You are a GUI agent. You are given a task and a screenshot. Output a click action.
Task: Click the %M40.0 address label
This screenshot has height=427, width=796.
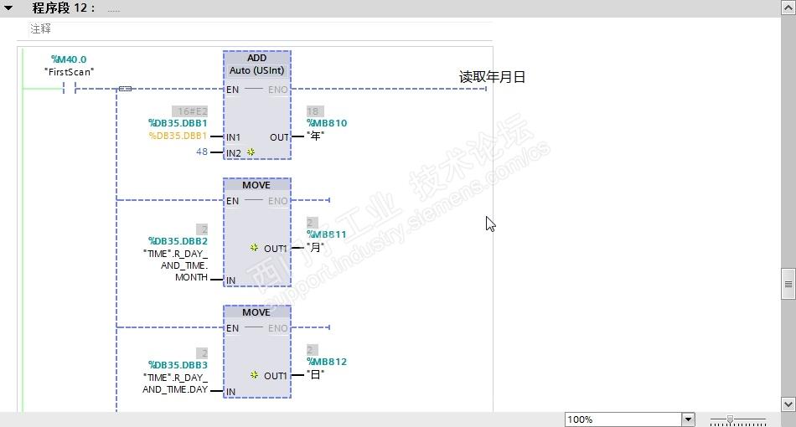pyautogui.click(x=69, y=59)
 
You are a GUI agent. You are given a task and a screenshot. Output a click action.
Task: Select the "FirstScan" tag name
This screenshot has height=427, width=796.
pyautogui.click(x=69, y=72)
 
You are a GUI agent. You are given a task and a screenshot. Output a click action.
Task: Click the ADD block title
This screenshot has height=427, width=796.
pyautogui.click(x=256, y=58)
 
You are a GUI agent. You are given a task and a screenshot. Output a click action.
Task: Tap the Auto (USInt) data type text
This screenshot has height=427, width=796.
pyautogui.click(x=256, y=70)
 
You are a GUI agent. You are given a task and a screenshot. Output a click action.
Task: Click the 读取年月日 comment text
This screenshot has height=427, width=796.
pyautogui.click(x=492, y=77)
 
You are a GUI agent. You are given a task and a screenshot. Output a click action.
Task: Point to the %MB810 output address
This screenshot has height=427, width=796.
pyautogui.click(x=327, y=123)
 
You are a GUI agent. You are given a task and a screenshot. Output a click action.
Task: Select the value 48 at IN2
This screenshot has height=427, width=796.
pyautogui.click(x=202, y=152)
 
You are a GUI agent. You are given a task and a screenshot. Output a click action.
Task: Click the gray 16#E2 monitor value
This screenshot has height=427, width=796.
pyautogui.click(x=189, y=111)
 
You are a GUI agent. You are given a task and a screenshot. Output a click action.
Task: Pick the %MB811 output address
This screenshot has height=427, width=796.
pyautogui.click(x=327, y=234)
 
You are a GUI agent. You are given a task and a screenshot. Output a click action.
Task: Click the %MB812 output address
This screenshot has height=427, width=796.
pyautogui.click(x=327, y=362)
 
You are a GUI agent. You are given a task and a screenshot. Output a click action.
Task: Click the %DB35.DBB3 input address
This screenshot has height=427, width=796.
pyautogui.click(x=178, y=365)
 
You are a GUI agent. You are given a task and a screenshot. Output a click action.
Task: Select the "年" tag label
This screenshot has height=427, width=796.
pyautogui.click(x=315, y=136)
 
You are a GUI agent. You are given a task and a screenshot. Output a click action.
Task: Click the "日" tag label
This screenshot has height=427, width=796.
pyautogui.click(x=315, y=374)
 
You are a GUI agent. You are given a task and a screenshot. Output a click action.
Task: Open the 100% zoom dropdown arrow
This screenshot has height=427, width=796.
pyautogui.click(x=688, y=419)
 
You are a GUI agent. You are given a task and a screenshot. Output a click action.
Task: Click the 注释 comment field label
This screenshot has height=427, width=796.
pyautogui.click(x=40, y=28)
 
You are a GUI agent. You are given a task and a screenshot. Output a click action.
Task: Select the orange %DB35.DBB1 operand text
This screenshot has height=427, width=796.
pyautogui.click(x=178, y=136)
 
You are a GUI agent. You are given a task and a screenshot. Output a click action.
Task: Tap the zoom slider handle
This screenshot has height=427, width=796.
pyautogui.click(x=730, y=419)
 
